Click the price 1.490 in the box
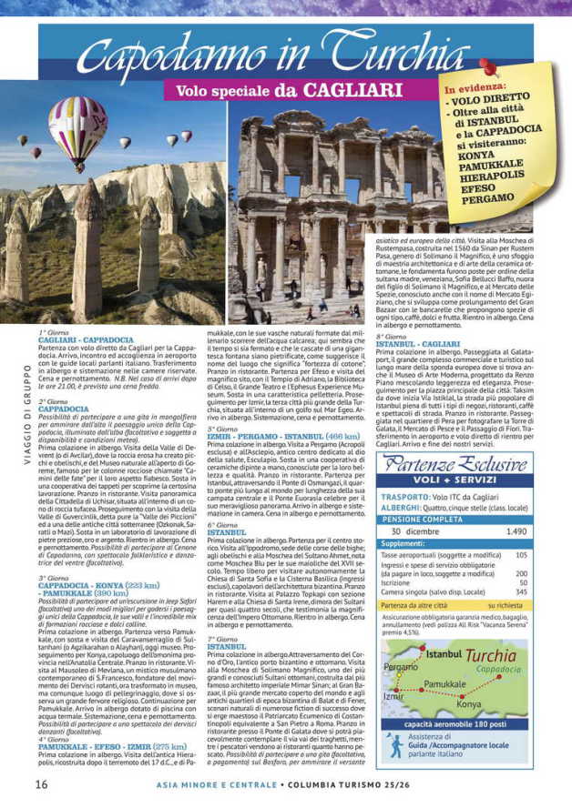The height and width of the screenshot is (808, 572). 516,530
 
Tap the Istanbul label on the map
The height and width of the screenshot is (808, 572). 444,653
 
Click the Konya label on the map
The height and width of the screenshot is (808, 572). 468,704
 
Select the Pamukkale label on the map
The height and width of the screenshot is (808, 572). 444,683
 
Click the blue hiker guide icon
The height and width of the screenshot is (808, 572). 393,744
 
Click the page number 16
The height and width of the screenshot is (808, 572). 41,783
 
